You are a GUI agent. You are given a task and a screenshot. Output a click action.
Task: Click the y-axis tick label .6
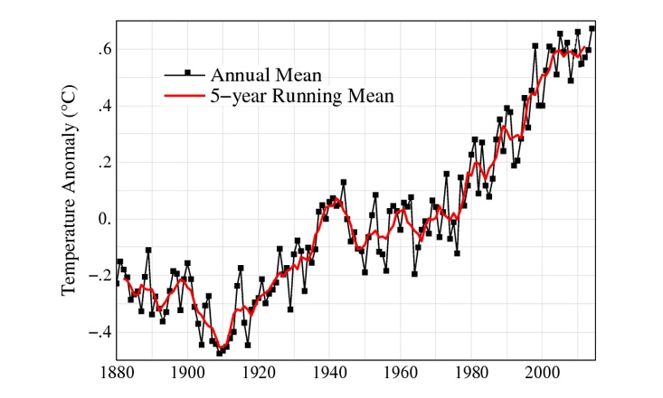[101, 50]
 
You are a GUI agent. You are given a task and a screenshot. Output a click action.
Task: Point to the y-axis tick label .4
[101, 107]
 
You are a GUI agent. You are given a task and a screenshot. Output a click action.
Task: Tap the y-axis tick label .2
[101, 163]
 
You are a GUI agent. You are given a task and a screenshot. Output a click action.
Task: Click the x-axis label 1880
[116, 371]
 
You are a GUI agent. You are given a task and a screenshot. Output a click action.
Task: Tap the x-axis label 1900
[187, 371]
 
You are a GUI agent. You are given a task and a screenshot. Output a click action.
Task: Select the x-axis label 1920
[259, 371]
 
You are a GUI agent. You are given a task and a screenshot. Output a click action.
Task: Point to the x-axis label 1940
[330, 371]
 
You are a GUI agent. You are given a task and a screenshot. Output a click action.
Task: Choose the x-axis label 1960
[402, 371]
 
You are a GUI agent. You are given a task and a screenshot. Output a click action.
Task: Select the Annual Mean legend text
[266, 74]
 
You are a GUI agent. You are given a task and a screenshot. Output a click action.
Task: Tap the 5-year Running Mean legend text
[302, 95]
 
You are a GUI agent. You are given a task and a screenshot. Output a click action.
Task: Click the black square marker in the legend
[186, 72]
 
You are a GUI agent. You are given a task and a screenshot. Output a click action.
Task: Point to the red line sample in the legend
[185, 94]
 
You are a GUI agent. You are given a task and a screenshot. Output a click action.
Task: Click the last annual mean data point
[592, 29]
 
